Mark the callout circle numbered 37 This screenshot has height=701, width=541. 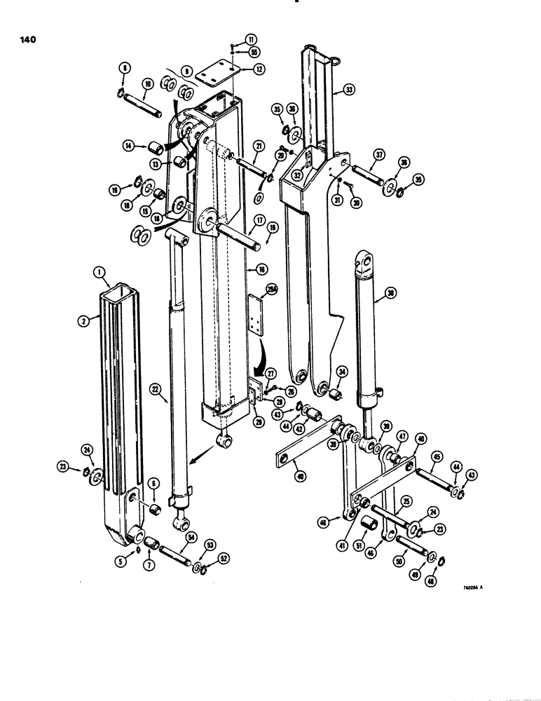[379, 154]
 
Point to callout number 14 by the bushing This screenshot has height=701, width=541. [130, 146]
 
